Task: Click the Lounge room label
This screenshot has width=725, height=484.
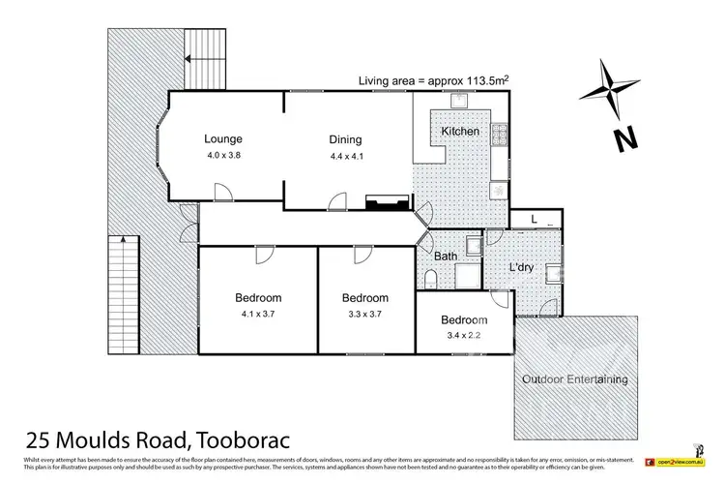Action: coord(222,138)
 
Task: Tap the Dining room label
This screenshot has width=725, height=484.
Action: coord(344,138)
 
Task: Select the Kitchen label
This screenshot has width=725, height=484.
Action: coord(460,131)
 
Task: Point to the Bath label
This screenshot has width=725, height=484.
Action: coord(446,257)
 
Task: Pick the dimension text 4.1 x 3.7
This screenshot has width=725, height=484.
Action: coord(257,313)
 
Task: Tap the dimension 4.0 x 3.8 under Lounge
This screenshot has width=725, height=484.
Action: coord(222,155)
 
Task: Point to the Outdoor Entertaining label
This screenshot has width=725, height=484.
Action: coord(574,378)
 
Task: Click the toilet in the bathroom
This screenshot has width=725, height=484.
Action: coord(432,280)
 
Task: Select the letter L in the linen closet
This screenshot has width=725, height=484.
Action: coord(535,220)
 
